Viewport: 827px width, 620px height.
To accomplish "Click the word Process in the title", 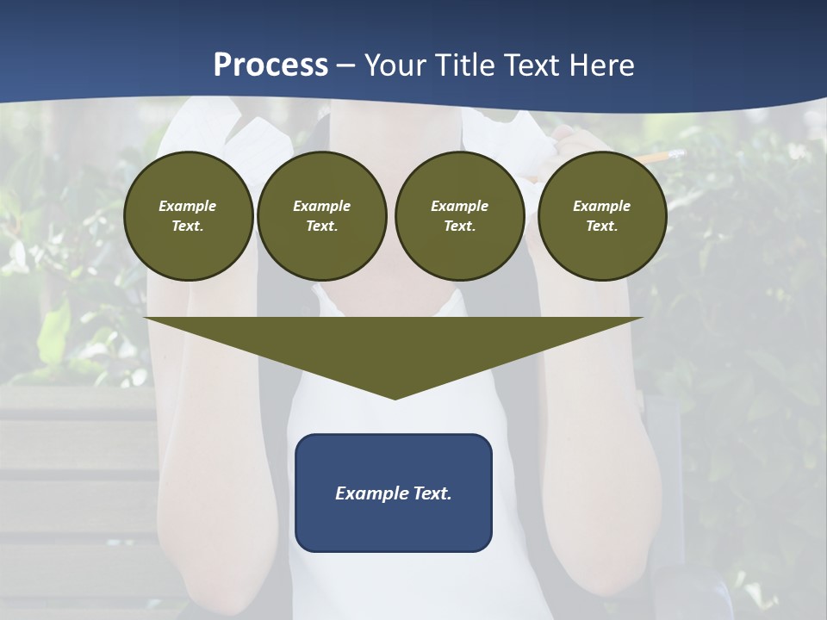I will (270, 65).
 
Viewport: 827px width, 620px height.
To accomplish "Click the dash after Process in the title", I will (345, 67).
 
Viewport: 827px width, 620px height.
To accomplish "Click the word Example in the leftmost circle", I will (188, 206).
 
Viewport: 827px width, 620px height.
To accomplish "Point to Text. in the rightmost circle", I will (601, 226).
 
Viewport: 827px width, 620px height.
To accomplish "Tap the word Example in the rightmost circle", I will (601, 206).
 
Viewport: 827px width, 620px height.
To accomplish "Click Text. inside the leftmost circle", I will (188, 226).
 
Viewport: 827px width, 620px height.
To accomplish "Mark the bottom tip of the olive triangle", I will (395, 397).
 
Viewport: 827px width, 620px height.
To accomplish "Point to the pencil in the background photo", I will (655, 158).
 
